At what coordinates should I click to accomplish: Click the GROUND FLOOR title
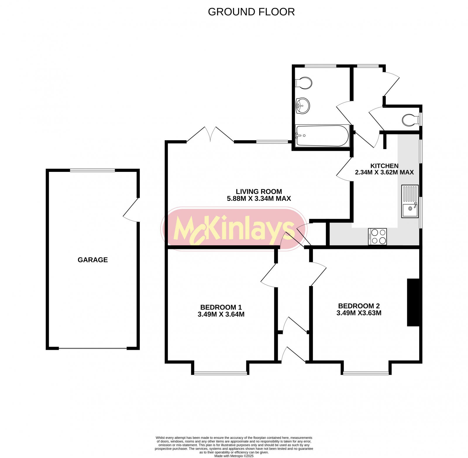pos(251,12)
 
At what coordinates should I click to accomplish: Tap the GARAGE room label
pos(92,260)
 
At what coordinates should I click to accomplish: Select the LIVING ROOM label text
pos(259,191)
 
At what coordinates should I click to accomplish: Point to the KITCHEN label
pos(384,166)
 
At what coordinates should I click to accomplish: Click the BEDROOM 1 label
pos(221,307)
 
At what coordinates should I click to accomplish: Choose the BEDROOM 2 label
pos(359,306)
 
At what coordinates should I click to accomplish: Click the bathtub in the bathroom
pos(322,136)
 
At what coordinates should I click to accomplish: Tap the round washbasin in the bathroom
pos(303,106)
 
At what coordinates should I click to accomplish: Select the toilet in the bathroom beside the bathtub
pos(304,83)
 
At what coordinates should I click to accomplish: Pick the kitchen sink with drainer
pos(410,201)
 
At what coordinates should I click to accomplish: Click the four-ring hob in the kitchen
pos(377,236)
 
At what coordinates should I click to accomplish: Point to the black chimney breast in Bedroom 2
pos(413,302)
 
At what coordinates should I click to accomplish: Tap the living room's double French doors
pos(210,135)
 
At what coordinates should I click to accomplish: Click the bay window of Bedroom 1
pos(221,373)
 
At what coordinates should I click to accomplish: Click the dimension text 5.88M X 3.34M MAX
pos(259,199)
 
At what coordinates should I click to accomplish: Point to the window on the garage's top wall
pos(92,170)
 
